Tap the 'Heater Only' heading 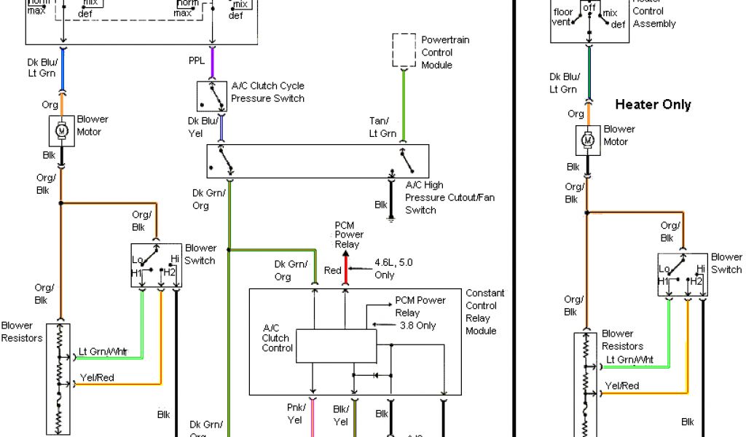[x=653, y=104]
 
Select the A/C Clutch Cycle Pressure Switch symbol [x=212, y=95]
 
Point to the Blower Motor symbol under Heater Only [x=587, y=139]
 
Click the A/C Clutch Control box [x=336, y=346]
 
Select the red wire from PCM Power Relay [x=346, y=273]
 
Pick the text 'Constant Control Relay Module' [x=484, y=312]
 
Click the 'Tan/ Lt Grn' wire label [x=382, y=127]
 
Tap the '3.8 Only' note [x=417, y=325]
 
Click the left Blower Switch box [x=156, y=265]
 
